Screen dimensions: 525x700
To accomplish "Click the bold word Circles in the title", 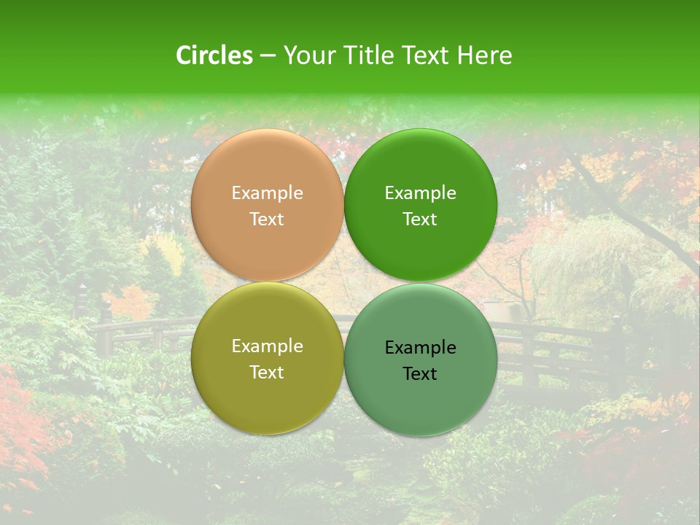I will [214, 55].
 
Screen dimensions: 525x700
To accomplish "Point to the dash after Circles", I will [268, 56].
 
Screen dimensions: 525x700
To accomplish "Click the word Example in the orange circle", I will [267, 193].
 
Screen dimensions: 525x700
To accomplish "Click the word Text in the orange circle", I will [267, 219].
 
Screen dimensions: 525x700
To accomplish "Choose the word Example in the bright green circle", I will [421, 193].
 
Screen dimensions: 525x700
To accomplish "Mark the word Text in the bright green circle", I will [421, 219].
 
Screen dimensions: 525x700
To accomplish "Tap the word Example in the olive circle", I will [267, 346].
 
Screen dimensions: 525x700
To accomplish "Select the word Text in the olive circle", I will [267, 373].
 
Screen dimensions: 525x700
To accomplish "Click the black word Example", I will [421, 348].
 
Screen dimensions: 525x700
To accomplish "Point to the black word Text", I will [421, 374].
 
